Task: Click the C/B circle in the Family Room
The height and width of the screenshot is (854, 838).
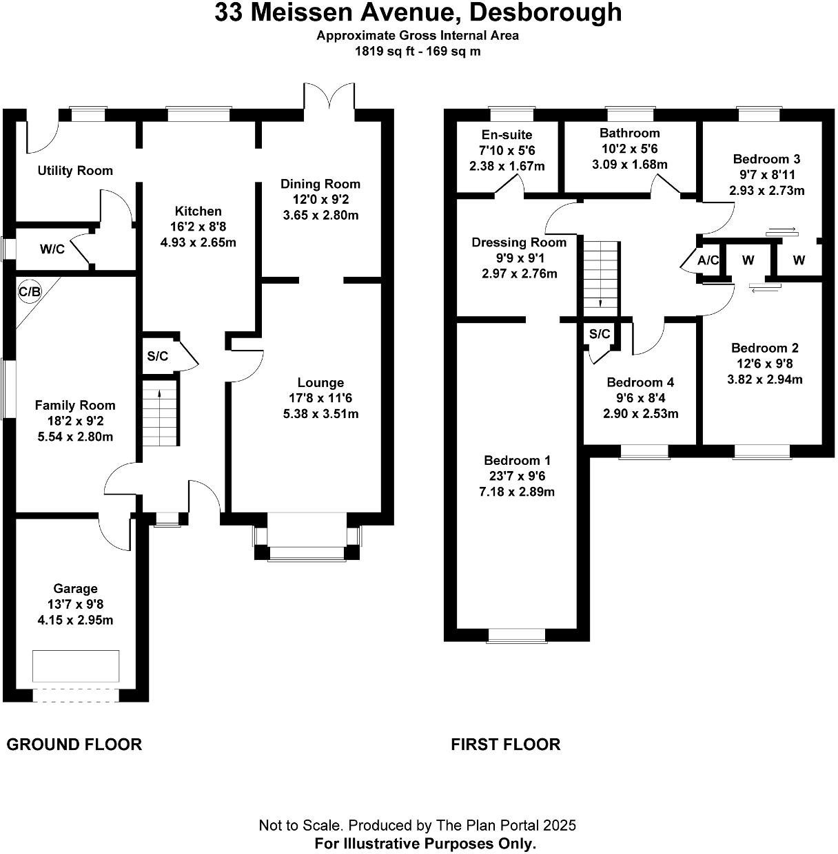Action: (x=30, y=292)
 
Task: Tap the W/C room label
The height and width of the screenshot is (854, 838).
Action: (x=52, y=249)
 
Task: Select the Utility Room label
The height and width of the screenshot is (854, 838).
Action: (x=75, y=171)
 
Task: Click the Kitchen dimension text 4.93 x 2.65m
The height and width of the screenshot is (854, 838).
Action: (x=198, y=242)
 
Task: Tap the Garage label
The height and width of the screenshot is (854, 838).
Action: (x=76, y=589)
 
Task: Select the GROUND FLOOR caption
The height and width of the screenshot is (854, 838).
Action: (x=74, y=744)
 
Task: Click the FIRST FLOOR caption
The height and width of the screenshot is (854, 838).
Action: (x=505, y=744)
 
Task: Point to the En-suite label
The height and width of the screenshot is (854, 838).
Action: (x=507, y=135)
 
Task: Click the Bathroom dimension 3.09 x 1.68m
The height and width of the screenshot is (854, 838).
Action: (x=630, y=165)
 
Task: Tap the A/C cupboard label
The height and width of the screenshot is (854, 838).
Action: (x=708, y=260)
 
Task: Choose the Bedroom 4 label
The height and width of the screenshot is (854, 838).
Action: (x=640, y=383)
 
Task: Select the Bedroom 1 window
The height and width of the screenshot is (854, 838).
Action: (x=515, y=634)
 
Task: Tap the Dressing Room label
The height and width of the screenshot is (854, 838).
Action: (x=519, y=242)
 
